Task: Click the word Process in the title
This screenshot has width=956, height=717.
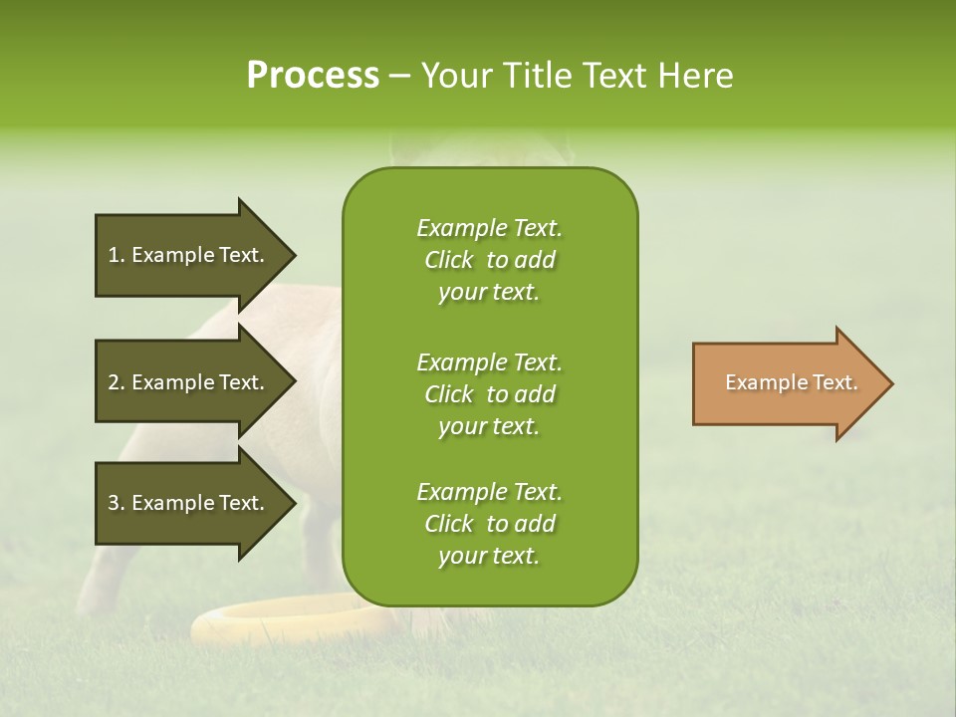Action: point(313,76)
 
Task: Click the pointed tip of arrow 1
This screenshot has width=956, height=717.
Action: point(293,255)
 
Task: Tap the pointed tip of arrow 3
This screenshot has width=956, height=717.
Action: point(293,503)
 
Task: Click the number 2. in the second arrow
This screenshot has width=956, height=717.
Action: point(116,382)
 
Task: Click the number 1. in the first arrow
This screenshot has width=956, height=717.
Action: point(116,255)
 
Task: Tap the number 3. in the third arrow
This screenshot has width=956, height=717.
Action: point(116,503)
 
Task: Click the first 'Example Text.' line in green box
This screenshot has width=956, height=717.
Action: point(489,228)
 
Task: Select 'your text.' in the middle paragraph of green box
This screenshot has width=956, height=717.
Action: point(489,426)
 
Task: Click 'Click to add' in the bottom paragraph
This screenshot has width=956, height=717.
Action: point(489,524)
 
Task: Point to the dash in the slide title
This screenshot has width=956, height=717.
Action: point(399,76)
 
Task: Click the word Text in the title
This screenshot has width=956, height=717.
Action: point(609,76)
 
